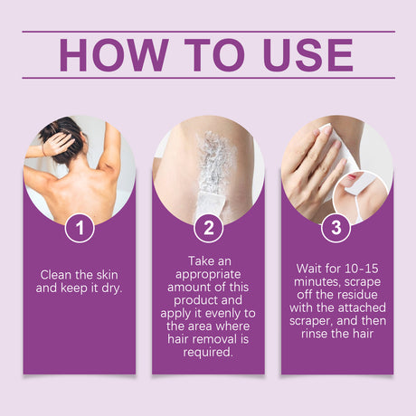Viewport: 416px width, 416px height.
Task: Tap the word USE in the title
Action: coord(307,55)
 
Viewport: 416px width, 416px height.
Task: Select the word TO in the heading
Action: coord(214,55)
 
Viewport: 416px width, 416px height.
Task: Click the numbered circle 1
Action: coord(80,228)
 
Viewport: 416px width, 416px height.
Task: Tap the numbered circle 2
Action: coord(208,228)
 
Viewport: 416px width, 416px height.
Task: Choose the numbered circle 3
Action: coord(336,228)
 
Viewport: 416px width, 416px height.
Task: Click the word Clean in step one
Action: coord(56,275)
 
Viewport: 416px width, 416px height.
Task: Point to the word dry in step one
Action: coord(110,288)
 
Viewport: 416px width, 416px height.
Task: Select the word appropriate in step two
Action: coord(208,275)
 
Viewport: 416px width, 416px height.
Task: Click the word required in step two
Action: coord(207,352)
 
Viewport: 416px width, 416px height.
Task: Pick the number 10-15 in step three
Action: coord(362,269)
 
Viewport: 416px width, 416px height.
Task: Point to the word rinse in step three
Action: coord(314,334)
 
